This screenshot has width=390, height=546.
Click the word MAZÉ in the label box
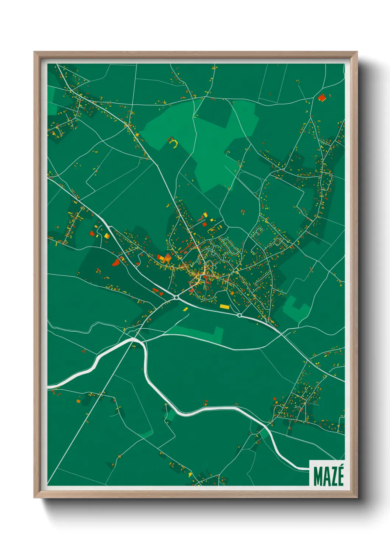tap(328, 476)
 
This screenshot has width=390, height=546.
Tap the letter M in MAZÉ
tap(317, 477)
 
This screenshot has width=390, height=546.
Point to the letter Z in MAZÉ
tap(333, 477)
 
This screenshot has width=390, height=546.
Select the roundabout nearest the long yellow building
tap(240, 315)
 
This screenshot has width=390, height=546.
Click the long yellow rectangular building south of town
tap(224, 306)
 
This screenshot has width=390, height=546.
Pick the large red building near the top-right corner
tap(322, 97)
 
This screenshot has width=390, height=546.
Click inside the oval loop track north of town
tap(250, 181)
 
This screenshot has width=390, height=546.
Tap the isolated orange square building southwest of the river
tap(78, 401)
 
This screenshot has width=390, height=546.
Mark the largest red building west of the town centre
tap(116, 262)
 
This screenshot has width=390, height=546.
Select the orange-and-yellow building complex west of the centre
tap(164, 258)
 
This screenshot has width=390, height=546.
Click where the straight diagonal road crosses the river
tap(133, 339)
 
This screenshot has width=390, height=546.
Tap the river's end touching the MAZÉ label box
tap(307, 469)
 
